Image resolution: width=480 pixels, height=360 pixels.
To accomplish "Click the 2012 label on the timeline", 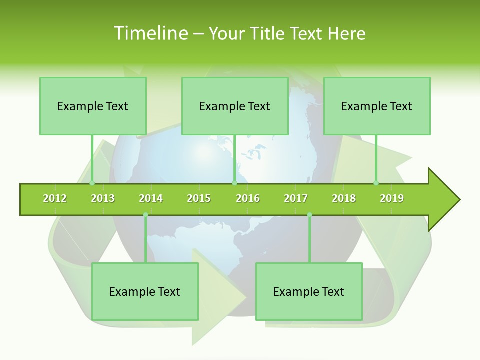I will click(x=55, y=198).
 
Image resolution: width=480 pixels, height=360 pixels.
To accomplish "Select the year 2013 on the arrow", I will click(x=103, y=198).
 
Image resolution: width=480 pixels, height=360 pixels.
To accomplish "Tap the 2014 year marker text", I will click(x=151, y=198).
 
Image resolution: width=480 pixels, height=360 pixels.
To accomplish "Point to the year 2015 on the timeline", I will click(x=199, y=198).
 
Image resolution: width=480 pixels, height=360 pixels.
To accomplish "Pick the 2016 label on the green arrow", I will click(x=248, y=198).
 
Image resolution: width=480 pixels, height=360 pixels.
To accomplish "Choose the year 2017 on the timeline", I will click(x=296, y=198).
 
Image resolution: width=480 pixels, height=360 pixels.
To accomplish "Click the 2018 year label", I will click(x=344, y=198).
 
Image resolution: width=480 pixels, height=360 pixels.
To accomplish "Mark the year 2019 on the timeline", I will click(x=392, y=198).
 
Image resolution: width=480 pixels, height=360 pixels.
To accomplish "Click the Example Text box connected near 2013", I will click(x=93, y=106).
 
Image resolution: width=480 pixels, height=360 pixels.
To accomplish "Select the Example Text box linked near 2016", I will click(x=235, y=106).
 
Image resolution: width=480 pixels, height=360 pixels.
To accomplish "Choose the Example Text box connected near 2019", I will click(x=377, y=106).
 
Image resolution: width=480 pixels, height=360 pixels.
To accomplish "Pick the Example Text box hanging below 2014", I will click(x=145, y=291).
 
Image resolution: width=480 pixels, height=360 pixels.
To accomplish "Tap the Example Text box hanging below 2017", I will click(x=309, y=291).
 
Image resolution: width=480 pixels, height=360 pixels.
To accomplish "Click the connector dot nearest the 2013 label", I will click(x=92, y=183).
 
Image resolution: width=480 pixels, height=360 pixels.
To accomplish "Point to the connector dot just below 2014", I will click(x=145, y=215).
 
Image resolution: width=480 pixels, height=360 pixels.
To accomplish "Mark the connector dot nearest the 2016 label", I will click(x=234, y=183).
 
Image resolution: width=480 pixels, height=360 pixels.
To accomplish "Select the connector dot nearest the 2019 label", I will click(x=376, y=183).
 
